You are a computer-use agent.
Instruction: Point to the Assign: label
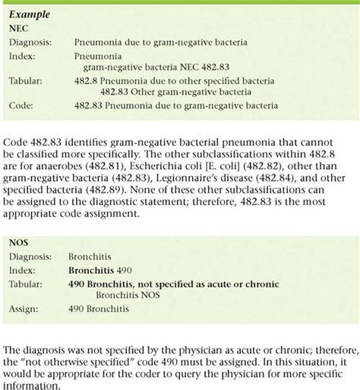pos(24,310)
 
